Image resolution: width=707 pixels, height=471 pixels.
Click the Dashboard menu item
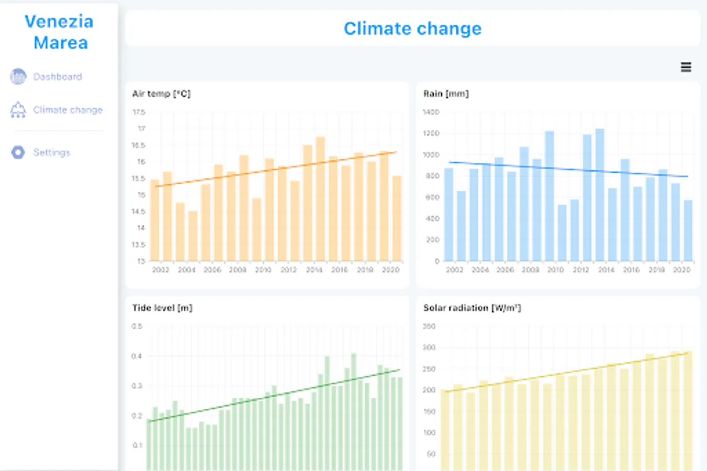pos(57,77)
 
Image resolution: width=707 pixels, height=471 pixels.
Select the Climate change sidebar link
pos(68,110)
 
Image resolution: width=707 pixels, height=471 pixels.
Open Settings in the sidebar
pos(51,152)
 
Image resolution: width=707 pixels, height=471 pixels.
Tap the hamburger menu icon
pos(686,67)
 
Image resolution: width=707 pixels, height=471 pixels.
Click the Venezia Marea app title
pos(60,32)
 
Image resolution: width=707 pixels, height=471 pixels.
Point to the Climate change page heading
pos(412,29)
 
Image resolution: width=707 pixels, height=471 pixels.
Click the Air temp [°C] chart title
pos(161,94)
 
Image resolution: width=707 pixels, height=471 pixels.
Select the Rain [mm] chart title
pos(446,94)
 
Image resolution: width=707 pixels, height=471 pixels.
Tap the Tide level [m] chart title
pos(162,308)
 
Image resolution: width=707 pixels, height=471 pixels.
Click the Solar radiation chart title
pos(472,308)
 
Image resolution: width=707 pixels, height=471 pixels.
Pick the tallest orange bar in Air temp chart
pos(320,199)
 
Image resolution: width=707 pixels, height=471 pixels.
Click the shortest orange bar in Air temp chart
pos(193,235)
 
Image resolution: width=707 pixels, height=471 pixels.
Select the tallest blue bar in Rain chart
pos(600,195)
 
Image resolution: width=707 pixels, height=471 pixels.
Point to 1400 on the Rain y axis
pos(431,112)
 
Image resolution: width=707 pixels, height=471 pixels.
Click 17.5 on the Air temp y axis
pos(139,112)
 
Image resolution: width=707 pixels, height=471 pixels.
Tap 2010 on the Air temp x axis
pos(263,270)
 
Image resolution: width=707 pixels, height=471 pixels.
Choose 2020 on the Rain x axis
pos(681,270)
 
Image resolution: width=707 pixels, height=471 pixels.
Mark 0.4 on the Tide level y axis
pos(137,356)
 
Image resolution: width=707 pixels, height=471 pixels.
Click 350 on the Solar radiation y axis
pos(429,326)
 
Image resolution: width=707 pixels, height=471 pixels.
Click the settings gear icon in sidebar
pos(18,152)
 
